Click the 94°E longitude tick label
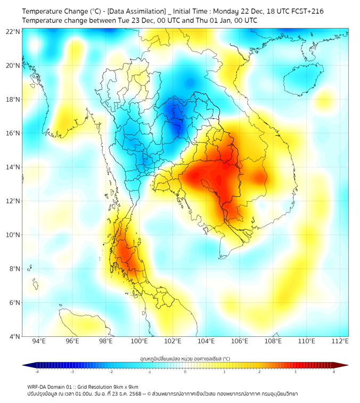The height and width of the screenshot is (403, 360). click(39, 342)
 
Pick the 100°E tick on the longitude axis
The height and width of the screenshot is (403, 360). click(140, 342)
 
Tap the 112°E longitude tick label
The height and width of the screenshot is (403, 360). click(340, 342)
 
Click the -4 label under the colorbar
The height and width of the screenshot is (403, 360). click(36, 372)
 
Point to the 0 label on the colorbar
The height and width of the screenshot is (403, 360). click(185, 372)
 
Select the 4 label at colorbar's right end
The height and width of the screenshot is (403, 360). click(334, 372)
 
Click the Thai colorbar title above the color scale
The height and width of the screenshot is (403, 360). click(185, 359)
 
